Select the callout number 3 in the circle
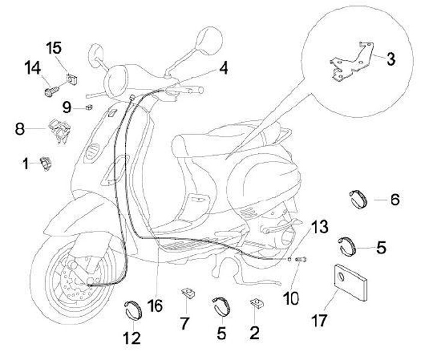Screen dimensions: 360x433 (391, 59)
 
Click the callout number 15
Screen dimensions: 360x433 (55, 47)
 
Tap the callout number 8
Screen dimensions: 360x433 (20, 128)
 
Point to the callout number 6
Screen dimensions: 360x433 (395, 199)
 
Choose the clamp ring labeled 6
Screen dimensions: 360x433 (360, 199)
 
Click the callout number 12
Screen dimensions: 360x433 (133, 338)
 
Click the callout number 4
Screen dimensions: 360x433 (223, 68)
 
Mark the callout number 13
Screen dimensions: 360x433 (321, 228)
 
